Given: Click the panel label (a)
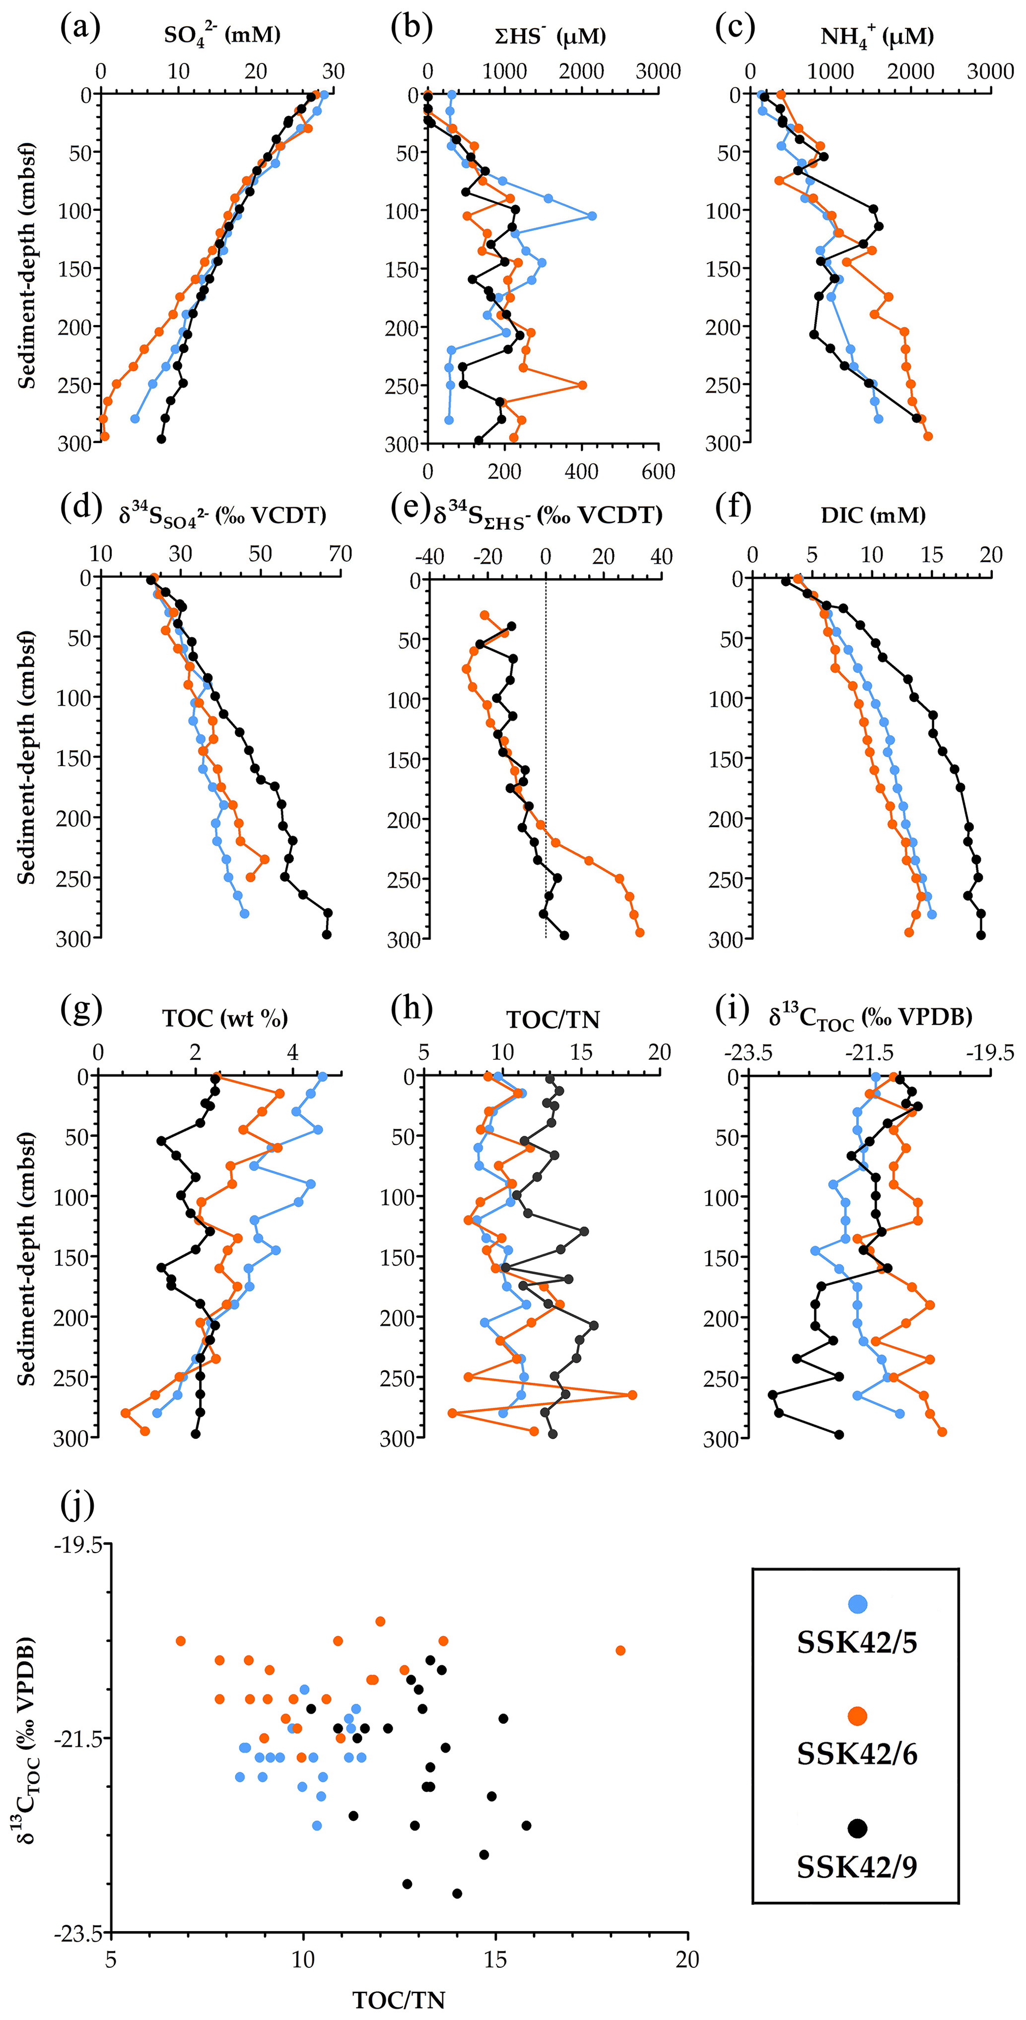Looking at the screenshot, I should click(x=80, y=28).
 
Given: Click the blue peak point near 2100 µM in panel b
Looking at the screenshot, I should click(x=592, y=216).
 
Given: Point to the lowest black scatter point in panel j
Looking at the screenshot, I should click(x=457, y=1893).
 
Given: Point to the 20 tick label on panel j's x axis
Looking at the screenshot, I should click(x=687, y=1959).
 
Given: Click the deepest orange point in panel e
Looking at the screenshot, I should click(x=639, y=932).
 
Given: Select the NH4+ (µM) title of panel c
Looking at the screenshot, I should click(x=876, y=37).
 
